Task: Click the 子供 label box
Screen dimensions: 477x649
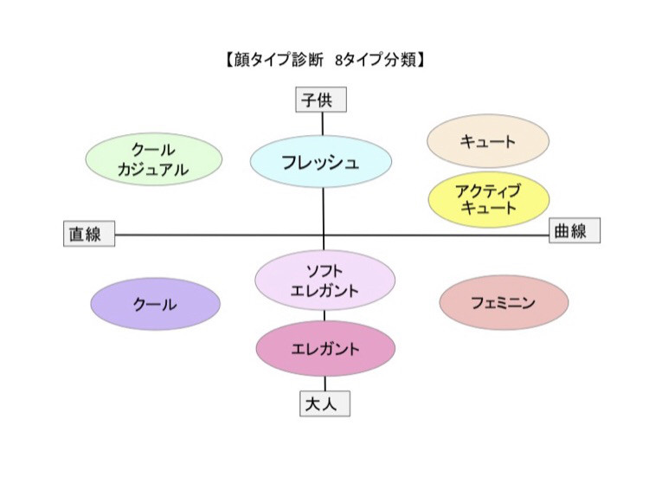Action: pyautogui.click(x=322, y=100)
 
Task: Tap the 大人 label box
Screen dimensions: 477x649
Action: pyautogui.click(x=324, y=403)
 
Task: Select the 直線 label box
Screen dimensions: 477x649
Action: pyautogui.click(x=89, y=234)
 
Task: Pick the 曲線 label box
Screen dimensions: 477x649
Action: pyautogui.click(x=575, y=231)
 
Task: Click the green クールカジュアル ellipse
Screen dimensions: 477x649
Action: pyautogui.click(x=153, y=159)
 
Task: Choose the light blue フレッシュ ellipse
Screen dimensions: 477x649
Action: pyautogui.click(x=321, y=161)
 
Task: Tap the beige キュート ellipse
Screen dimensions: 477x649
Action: pyautogui.click(x=489, y=141)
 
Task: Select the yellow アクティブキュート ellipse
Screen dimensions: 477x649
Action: pyautogui.click(x=489, y=198)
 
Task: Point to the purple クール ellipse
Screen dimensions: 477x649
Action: pyautogui.click(x=156, y=304)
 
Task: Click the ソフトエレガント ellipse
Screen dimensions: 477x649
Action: pyautogui.click(x=324, y=280)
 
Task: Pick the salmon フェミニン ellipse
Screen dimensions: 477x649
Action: pyautogui.click(x=504, y=303)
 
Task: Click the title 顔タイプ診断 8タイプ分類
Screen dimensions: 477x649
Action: pyautogui.click(x=324, y=61)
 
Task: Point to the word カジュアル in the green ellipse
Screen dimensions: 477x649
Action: pyautogui.click(x=153, y=170)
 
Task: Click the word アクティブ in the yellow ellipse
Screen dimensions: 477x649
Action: pyautogui.click(x=489, y=190)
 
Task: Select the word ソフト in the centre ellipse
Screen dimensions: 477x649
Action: pyautogui.click(x=324, y=271)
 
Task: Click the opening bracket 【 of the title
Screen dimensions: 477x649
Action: pyautogui.click(x=224, y=61)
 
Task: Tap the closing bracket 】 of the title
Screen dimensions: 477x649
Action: pyautogui.click(x=423, y=61)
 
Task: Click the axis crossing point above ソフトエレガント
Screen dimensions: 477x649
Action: pyautogui.click(x=324, y=234)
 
